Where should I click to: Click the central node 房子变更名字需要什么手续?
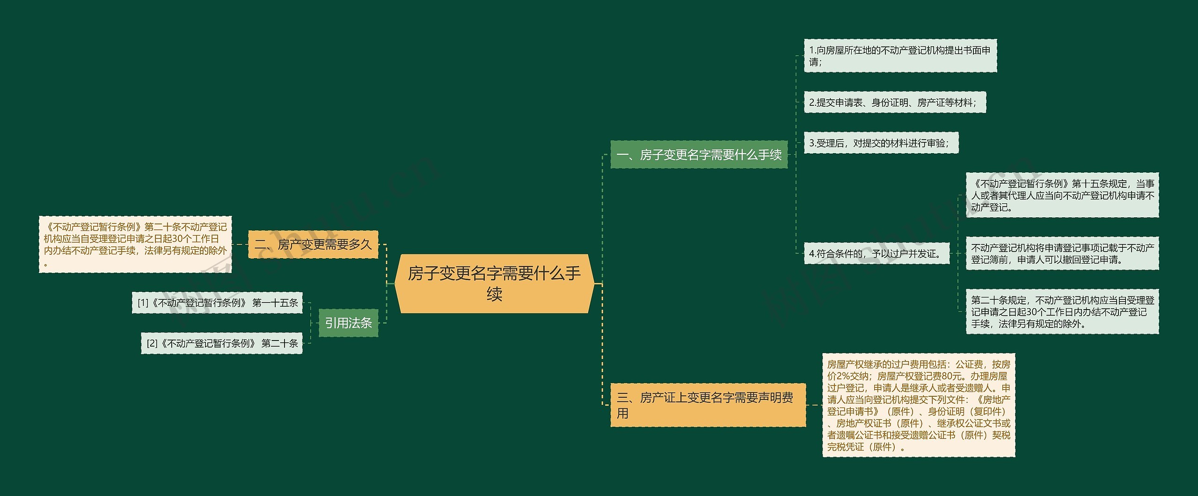(x=494, y=283)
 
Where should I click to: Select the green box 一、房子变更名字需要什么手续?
(x=699, y=155)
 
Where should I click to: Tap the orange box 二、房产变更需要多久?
(x=313, y=244)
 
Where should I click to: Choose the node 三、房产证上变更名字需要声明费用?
(x=708, y=405)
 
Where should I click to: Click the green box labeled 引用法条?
(x=348, y=323)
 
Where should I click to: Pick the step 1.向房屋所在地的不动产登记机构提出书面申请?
(x=900, y=56)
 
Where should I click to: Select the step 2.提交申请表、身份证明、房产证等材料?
(x=894, y=103)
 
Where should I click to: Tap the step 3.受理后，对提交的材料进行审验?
(x=881, y=143)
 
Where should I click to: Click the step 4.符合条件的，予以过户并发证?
(x=876, y=254)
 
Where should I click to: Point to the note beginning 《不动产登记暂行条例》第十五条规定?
(x=1062, y=195)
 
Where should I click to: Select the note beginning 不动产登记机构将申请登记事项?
(x=1062, y=253)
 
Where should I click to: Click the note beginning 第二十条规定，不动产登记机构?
(x=1062, y=311)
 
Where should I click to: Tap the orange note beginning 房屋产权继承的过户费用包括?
(x=919, y=405)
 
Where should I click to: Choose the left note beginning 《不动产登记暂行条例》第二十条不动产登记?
(x=135, y=244)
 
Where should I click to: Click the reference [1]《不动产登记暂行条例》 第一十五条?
(x=218, y=303)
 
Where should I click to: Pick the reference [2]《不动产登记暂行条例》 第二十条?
(x=222, y=343)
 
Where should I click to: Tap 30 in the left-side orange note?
(x=178, y=239)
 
